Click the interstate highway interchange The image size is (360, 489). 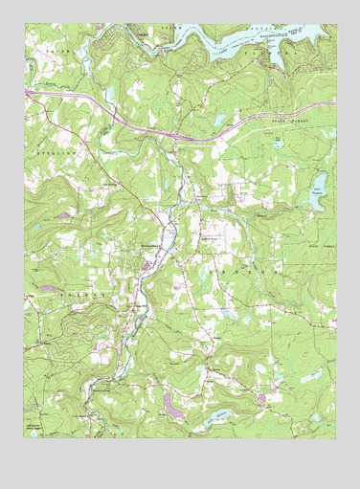[178, 135]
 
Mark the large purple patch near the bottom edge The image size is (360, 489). [172, 406]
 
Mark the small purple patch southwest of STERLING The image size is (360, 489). [63, 215]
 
